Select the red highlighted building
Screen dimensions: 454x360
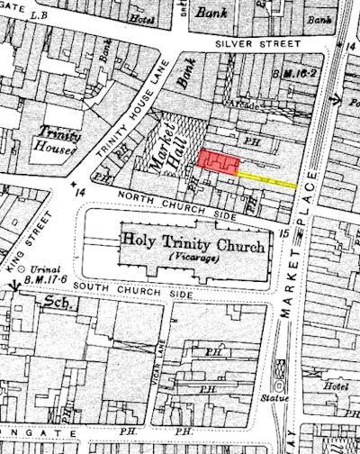click(219, 160)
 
